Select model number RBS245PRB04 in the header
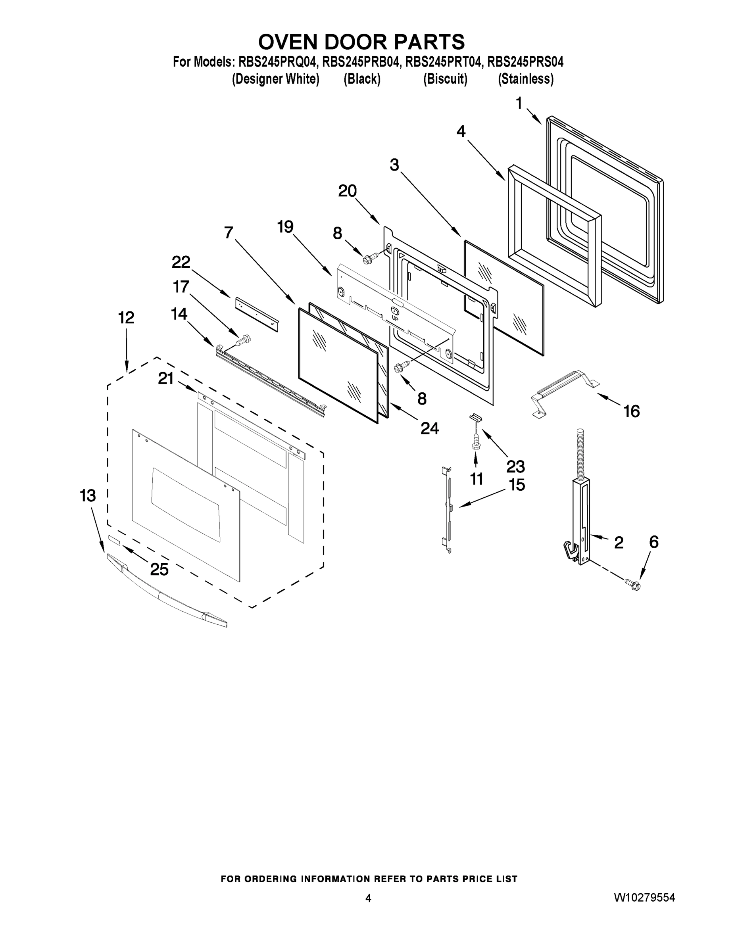(361, 62)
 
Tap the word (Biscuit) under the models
(445, 79)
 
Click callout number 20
(347, 191)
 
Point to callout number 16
(631, 411)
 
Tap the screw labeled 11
(476, 441)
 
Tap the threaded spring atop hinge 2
(580, 453)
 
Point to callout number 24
(429, 428)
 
